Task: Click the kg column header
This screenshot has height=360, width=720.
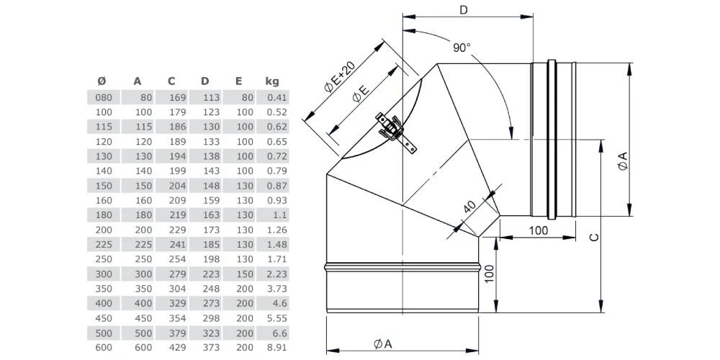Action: click(271, 81)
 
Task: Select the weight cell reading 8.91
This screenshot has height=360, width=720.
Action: click(276, 346)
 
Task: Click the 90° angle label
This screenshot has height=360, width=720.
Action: click(462, 48)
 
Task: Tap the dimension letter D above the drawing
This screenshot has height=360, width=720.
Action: click(464, 9)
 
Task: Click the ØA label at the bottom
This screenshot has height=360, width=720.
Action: click(382, 344)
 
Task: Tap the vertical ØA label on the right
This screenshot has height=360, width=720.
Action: click(623, 161)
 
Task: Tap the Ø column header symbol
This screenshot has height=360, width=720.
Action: click(101, 81)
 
